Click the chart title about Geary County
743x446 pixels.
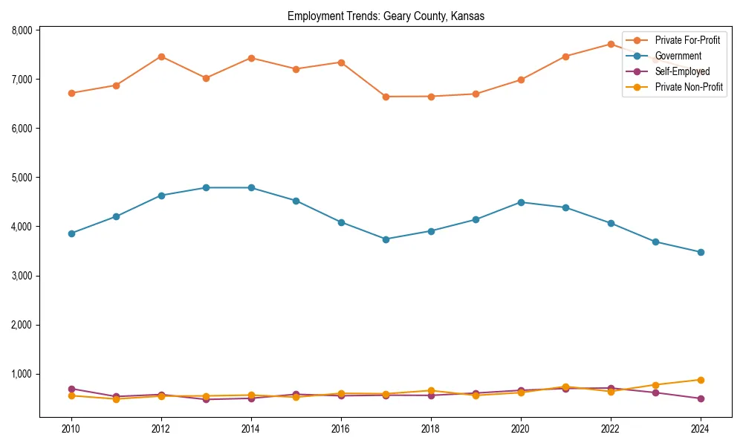click(386, 16)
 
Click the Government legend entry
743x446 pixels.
click(678, 56)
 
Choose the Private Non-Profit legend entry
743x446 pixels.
click(689, 87)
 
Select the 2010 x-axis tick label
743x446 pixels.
click(71, 429)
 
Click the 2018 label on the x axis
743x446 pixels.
click(431, 429)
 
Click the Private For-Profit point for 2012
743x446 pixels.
click(161, 56)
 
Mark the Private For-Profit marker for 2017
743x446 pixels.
click(386, 97)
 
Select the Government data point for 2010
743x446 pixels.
click(71, 233)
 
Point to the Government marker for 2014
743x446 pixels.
click(251, 188)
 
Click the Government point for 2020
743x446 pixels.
click(521, 202)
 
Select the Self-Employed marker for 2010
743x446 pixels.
click(71, 389)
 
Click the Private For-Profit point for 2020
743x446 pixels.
click(521, 80)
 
